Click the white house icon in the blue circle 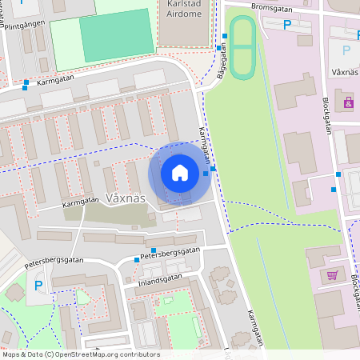179,173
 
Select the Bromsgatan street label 272,6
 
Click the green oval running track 242,47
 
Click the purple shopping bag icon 349,102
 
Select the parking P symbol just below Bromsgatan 288,25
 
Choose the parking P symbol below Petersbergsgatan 37,285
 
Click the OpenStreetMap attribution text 81,354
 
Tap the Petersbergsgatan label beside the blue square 169,253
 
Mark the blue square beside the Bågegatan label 218,48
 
